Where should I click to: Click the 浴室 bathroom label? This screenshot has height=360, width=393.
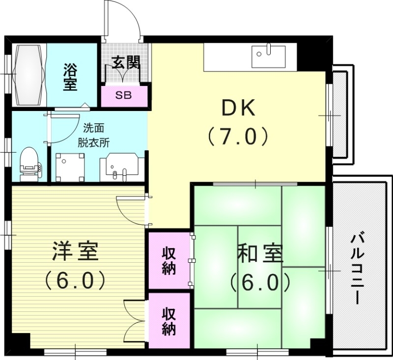click(x=70, y=76)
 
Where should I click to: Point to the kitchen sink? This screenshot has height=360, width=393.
click(x=268, y=57)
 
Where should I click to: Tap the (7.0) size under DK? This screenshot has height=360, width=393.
click(x=238, y=136)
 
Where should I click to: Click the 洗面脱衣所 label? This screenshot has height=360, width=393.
click(x=96, y=136)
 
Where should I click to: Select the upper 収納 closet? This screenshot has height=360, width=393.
click(x=169, y=260)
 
